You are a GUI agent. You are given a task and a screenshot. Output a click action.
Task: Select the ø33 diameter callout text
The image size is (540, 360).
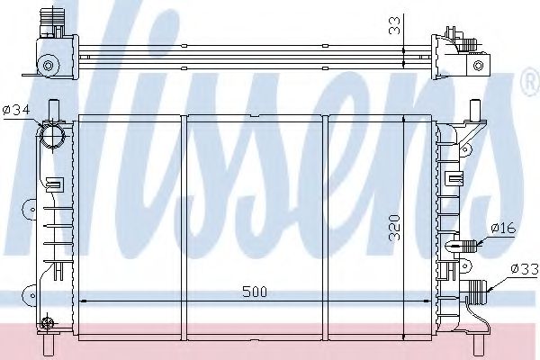point(524,267)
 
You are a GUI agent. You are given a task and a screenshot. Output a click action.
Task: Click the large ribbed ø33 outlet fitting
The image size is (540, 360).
point(478,290)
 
